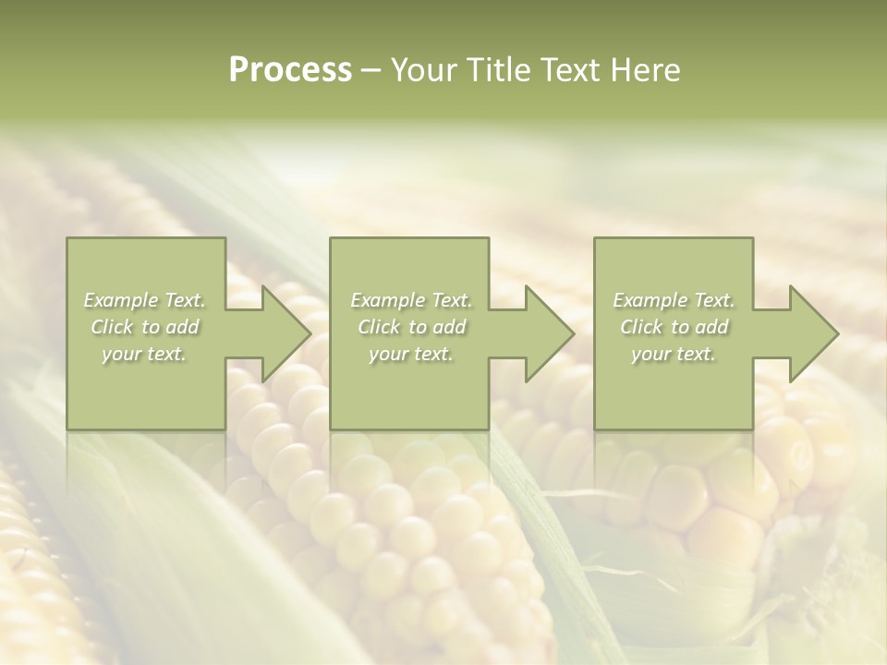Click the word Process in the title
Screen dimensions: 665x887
[290, 70]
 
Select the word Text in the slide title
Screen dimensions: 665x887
[570, 70]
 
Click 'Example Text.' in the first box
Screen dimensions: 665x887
[145, 300]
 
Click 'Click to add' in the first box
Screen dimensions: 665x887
[145, 327]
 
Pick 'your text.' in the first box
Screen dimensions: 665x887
[145, 354]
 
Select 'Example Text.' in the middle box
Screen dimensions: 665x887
[411, 300]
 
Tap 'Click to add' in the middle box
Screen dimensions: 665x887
[411, 327]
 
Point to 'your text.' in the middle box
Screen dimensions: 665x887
[411, 354]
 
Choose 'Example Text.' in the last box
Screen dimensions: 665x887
[674, 300]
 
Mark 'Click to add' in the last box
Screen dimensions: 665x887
[674, 327]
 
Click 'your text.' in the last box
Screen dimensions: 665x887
[674, 354]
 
